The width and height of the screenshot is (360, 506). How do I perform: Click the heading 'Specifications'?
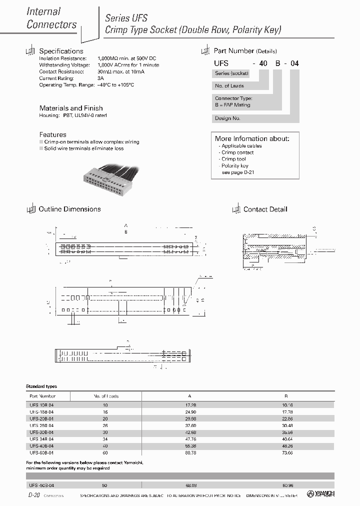pos(61,51)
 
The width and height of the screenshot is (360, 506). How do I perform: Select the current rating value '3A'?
pos(100,78)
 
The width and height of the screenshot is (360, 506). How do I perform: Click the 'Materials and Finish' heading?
pos(70,108)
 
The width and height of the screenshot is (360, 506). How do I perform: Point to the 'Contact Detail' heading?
pos(265,209)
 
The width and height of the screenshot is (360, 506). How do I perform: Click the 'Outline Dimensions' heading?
pos(69,209)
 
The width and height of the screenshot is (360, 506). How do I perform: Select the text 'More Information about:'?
pos(252,138)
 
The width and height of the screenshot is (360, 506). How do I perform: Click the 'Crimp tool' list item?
pos(233,159)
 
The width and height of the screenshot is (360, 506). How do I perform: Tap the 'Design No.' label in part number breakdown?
pos(227,118)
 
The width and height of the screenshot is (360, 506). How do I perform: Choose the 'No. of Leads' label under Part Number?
pos(229,85)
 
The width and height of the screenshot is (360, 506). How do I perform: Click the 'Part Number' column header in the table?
pos(44,395)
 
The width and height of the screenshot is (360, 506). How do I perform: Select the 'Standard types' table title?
pos(41,386)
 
